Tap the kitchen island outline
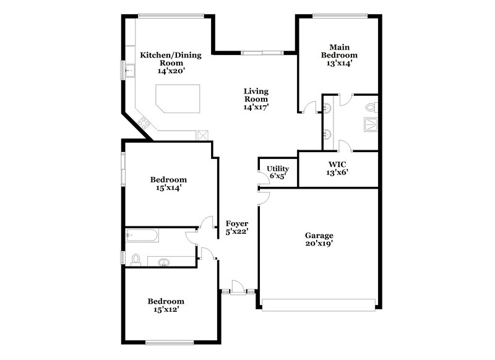click(x=178, y=99)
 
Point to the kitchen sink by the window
click(x=129, y=71)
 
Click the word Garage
click(x=319, y=235)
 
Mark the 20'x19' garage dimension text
click(x=319, y=244)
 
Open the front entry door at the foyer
click(x=235, y=288)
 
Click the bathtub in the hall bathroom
click(x=142, y=235)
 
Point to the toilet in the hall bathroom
click(x=136, y=260)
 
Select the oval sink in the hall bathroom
click(x=164, y=262)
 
